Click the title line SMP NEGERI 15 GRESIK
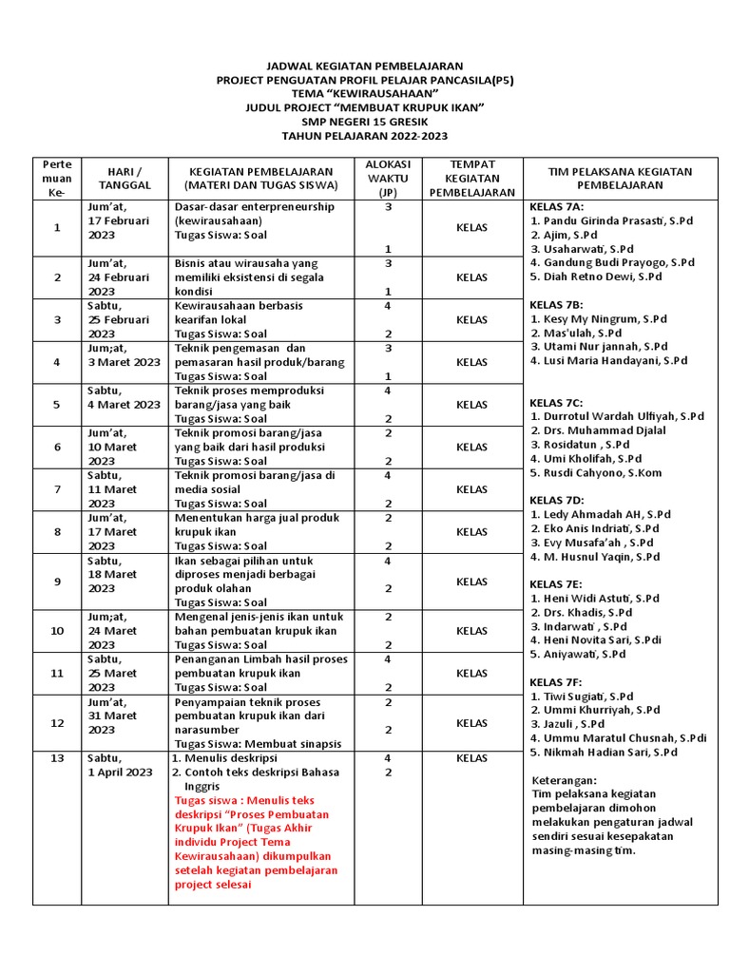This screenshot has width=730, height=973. coord(365,122)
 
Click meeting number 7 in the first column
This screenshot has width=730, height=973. coord(57,488)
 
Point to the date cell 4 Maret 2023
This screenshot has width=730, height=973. coord(124,404)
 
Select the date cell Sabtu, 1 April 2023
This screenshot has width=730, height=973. coord(120,765)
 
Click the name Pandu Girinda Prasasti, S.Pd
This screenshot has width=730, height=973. coord(617,220)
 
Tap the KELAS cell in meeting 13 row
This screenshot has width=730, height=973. coord(471,758)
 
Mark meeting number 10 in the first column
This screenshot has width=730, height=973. coord(57,630)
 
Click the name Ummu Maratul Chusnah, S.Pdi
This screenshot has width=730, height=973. coord(624,737)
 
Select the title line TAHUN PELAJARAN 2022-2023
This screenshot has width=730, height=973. coord(365,136)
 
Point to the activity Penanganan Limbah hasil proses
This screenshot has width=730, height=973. coord(261,658)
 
